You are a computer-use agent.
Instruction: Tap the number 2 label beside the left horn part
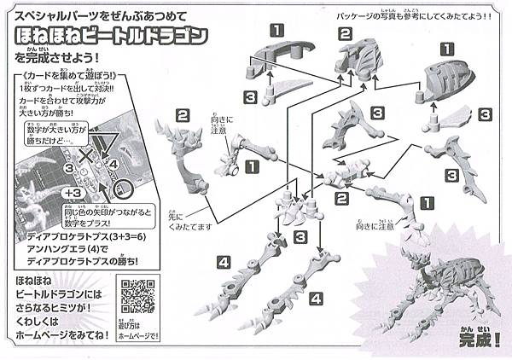(x=183, y=115)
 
